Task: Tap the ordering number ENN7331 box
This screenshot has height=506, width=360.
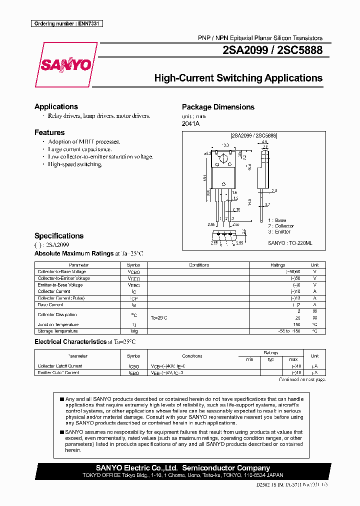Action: [x=66, y=23]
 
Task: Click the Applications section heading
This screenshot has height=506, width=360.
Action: [x=56, y=106]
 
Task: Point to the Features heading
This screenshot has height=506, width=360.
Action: [x=49, y=132]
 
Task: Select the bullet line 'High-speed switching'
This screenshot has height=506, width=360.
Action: [x=75, y=164]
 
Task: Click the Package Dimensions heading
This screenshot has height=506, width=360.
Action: [x=218, y=107]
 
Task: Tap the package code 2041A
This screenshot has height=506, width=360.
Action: [x=190, y=123]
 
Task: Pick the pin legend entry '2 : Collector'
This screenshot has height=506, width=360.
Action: [x=281, y=226]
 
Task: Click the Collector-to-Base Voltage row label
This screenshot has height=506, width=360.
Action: [x=61, y=271]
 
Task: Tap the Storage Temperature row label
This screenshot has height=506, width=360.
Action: [x=57, y=331]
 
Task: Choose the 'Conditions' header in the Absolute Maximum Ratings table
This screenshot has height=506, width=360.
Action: [x=199, y=265]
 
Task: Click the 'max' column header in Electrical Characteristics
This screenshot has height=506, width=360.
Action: [x=293, y=359]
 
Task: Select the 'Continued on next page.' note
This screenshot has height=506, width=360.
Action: [x=302, y=379]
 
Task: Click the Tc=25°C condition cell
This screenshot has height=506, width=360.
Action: [x=159, y=318]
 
